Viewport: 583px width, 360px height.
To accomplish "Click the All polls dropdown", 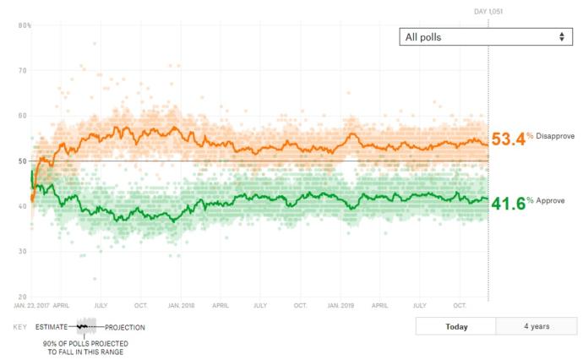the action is pyautogui.click(x=486, y=37).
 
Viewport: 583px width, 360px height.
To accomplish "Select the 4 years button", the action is pyautogui.click(x=537, y=326).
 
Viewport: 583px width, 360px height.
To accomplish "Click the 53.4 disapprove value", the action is pyautogui.click(x=509, y=139).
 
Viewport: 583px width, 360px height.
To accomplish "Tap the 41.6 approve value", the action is pyautogui.click(x=509, y=204).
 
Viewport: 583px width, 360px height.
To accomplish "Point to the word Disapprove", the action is pyautogui.click(x=555, y=136).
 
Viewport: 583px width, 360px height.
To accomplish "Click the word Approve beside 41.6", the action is pyautogui.click(x=550, y=201).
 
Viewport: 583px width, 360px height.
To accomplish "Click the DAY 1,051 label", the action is pyautogui.click(x=488, y=12).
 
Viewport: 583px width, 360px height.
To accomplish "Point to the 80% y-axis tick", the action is pyautogui.click(x=25, y=25).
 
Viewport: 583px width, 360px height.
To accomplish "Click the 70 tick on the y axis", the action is pyautogui.click(x=22, y=70).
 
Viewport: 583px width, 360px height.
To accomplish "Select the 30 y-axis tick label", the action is pyautogui.click(x=22, y=251).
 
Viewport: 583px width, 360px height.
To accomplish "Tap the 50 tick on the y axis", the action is pyautogui.click(x=22, y=161).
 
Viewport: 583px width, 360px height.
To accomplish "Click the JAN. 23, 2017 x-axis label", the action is pyautogui.click(x=31, y=305).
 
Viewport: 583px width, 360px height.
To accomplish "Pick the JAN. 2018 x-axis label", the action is pyautogui.click(x=181, y=305).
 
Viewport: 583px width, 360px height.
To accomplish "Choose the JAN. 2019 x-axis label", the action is pyautogui.click(x=341, y=305).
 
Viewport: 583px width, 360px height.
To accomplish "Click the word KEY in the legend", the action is pyautogui.click(x=20, y=327).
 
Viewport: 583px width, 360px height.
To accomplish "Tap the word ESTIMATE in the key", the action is pyautogui.click(x=52, y=327).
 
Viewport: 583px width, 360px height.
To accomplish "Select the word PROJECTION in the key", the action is pyautogui.click(x=125, y=328).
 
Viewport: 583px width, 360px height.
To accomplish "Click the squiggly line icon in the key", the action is pyautogui.click(x=82, y=326).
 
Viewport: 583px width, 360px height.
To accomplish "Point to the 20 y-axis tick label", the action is pyautogui.click(x=22, y=297).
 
